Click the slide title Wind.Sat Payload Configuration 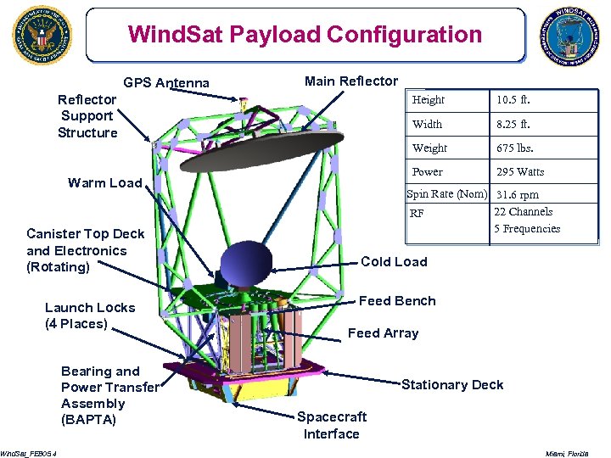[305, 35]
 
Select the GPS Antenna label [166, 82]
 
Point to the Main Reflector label [350, 81]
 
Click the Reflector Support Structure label [87, 116]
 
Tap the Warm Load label [104, 183]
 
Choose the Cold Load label [394, 262]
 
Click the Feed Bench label [397, 301]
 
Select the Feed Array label [383, 333]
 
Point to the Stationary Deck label [452, 385]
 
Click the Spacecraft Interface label [332, 425]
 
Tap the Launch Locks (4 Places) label [89, 316]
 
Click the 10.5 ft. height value [513, 100]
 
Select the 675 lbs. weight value [515, 148]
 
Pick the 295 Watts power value [520, 172]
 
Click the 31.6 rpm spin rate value [517, 195]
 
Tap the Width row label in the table [427, 125]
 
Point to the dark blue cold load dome [247, 264]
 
